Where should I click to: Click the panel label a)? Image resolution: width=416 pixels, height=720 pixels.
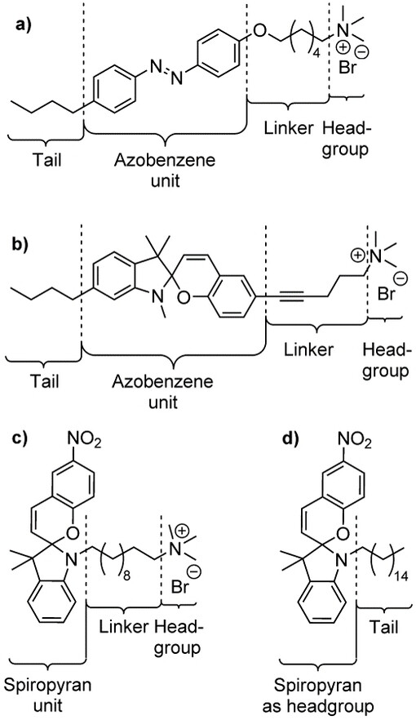(23, 24)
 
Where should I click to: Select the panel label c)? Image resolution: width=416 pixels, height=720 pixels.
(20, 438)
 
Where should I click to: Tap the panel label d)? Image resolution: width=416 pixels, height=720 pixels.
(290, 438)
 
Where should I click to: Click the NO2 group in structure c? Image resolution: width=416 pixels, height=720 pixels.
(84, 443)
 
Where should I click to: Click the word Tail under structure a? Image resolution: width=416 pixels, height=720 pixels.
(46, 161)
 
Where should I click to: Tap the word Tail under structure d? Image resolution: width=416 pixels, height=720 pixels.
(385, 627)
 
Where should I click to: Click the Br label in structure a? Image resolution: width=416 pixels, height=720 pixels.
(347, 69)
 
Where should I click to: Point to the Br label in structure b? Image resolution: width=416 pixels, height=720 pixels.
(386, 294)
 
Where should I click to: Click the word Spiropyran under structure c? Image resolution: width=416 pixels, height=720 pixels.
(47, 687)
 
